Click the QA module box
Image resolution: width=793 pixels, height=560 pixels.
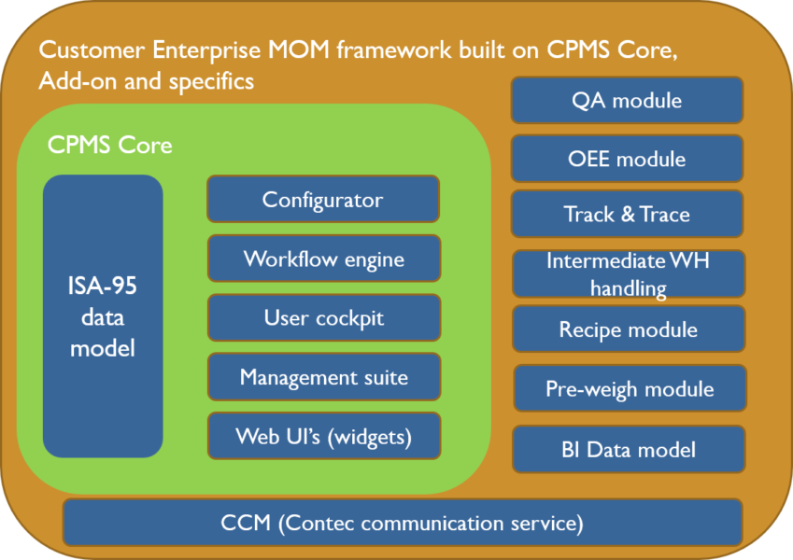pos(627,101)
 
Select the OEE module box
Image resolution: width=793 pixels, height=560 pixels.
pos(627,159)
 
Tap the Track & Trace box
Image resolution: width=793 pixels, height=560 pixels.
pos(627,215)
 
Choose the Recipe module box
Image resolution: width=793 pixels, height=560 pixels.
pos(629,329)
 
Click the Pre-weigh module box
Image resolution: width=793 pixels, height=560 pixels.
pos(630,389)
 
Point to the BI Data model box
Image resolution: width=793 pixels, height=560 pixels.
pos(629,450)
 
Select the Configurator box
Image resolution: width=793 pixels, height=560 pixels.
pos(322,200)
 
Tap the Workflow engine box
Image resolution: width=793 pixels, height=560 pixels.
pos(323,259)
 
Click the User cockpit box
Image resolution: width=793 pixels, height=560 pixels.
pos(323,318)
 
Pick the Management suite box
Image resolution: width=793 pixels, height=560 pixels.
pos(323,377)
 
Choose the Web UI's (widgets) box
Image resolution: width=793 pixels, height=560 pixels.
pos(323,436)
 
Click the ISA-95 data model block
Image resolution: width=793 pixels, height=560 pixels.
pos(103,316)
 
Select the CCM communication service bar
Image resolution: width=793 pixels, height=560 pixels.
pos(403,523)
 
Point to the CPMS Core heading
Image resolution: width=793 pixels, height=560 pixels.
pos(110,146)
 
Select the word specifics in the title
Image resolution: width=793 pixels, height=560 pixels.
pos(209,81)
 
